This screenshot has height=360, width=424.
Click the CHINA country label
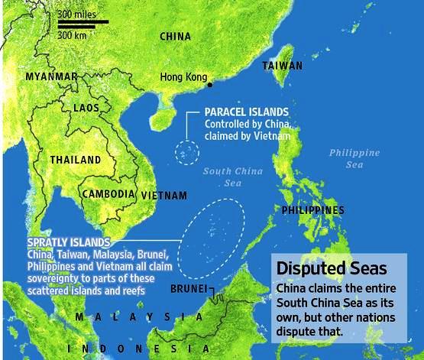(x=175, y=36)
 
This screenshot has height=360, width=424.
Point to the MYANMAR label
(x=51, y=77)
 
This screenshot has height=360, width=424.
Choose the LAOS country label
(x=86, y=109)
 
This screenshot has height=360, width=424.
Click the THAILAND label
(x=75, y=160)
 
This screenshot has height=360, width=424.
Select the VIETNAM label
(x=164, y=196)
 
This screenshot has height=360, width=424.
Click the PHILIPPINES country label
(x=312, y=209)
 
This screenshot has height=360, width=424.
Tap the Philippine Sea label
(x=354, y=158)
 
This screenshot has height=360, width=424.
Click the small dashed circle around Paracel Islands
(x=184, y=151)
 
